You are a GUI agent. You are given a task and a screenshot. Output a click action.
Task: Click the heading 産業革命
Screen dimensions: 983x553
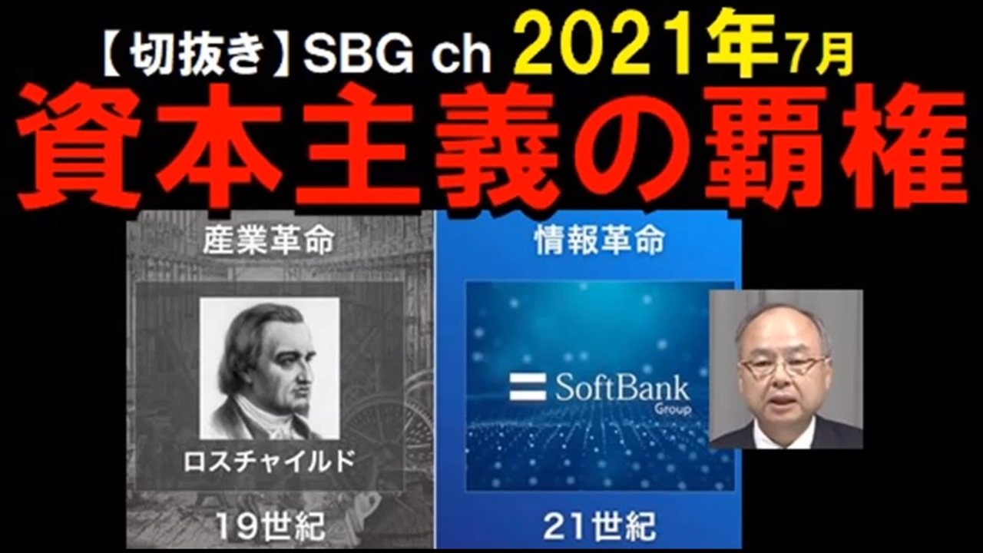tap(269, 240)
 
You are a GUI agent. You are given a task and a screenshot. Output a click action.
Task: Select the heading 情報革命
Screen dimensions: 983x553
tap(600, 240)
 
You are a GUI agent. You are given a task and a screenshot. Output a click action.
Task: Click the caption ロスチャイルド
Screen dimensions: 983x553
tap(269, 462)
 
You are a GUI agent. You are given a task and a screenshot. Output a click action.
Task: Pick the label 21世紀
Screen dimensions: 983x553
tap(600, 526)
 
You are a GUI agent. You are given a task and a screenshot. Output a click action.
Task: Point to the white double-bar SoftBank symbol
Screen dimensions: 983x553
tap(528, 387)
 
